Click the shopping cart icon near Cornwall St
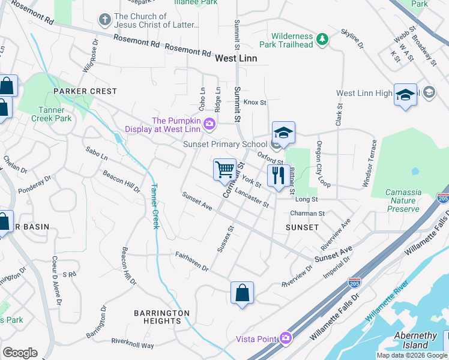(224, 169)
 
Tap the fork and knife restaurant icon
(277, 176)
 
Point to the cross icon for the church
(105, 20)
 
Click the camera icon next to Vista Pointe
(285, 338)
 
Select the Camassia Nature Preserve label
(395, 200)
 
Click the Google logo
(20, 353)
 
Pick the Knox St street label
(255, 103)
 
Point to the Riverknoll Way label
(132, 344)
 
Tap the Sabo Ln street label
(97, 154)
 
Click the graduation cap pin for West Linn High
(405, 95)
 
